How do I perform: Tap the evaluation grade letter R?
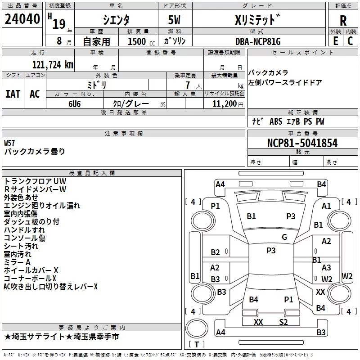pyautogui.click(x=343, y=21)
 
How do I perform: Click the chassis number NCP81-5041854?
pyautogui.click(x=302, y=143)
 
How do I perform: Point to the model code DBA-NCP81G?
pyautogui.click(x=258, y=41)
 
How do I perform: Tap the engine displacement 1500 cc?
pyautogui.click(x=137, y=41)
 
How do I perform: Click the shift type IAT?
pyautogui.click(x=13, y=94)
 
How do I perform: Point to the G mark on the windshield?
pyautogui.click(x=284, y=237)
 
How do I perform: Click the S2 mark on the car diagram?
pyautogui.click(x=283, y=322)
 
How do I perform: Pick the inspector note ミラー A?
pyautogui.click(x=17, y=262)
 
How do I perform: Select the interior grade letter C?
pyautogui.click(x=350, y=41)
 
